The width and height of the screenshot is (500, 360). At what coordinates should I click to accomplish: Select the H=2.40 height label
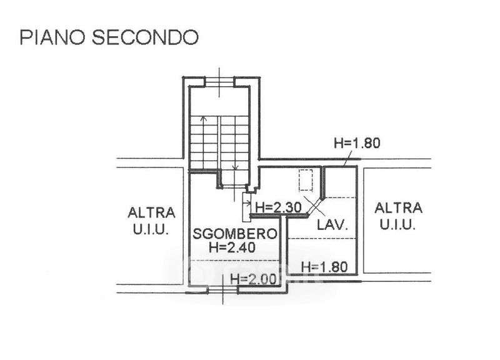pos(236,247)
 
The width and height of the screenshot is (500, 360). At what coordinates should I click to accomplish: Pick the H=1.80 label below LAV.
pos(324,266)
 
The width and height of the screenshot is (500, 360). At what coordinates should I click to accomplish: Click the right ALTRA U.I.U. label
pos(397,216)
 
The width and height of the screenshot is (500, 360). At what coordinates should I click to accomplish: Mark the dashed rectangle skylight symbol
pos(306,180)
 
